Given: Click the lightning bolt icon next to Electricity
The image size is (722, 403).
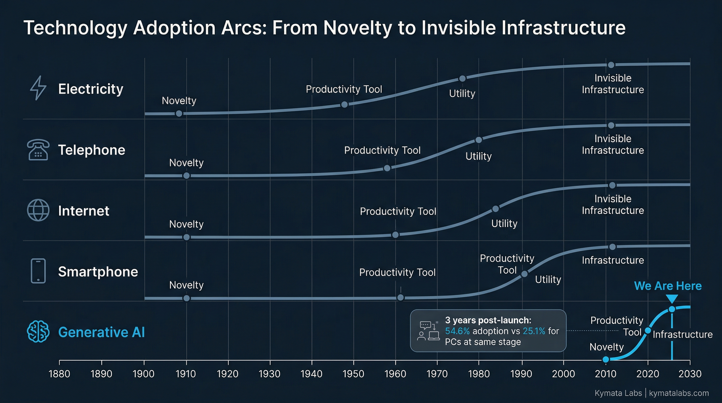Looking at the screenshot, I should pyautogui.click(x=38, y=88).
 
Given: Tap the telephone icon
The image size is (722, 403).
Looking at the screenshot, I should pyautogui.click(x=38, y=150).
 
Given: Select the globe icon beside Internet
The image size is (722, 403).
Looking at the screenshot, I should pyautogui.click(x=38, y=210).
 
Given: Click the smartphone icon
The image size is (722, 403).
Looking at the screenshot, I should pyautogui.click(x=38, y=271).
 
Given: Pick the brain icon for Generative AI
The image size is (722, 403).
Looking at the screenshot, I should pyautogui.click(x=38, y=332).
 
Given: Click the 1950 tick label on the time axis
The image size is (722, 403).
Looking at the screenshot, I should pyautogui.click(x=353, y=374).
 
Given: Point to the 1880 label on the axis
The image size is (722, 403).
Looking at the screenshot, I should pyautogui.click(x=59, y=374).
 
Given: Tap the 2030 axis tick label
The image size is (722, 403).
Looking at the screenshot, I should pyautogui.click(x=690, y=374).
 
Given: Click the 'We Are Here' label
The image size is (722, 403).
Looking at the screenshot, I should pyautogui.click(x=668, y=286).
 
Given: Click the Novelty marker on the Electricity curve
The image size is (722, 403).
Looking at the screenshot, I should pyautogui.click(x=179, y=114).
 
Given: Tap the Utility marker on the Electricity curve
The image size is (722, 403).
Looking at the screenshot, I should pyautogui.click(x=463, y=78).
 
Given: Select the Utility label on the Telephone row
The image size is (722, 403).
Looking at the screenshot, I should pyautogui.click(x=479, y=156).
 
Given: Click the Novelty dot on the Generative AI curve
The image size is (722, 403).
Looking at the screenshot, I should pyautogui.click(x=606, y=359).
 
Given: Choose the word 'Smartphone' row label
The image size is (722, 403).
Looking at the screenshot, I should pyautogui.click(x=98, y=272).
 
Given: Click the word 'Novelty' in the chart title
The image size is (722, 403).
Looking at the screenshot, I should pyautogui.click(x=357, y=28).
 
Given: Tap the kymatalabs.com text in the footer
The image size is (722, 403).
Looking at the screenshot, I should pyautogui.click(x=679, y=393).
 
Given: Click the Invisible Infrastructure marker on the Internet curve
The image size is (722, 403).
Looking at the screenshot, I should pyautogui.click(x=612, y=185).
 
